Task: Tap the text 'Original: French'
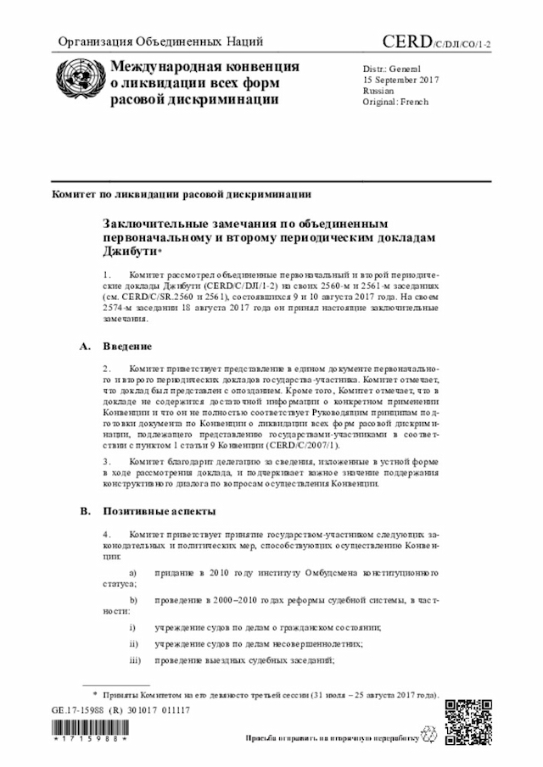395,102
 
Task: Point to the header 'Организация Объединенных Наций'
160,42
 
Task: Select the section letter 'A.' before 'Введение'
84,347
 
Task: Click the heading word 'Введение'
128,347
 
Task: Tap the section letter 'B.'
84,511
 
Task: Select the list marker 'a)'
133,573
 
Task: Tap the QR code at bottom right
467,720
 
